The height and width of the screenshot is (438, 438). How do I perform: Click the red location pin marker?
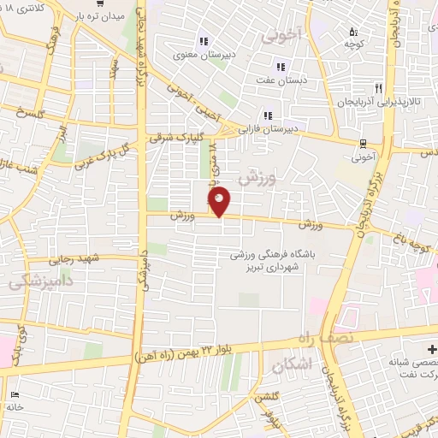[220, 202]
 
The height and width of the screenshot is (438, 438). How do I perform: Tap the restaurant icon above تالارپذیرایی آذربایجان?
[378, 88]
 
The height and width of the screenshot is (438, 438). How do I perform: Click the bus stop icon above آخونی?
[364, 144]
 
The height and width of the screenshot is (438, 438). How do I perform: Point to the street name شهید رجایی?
[74, 258]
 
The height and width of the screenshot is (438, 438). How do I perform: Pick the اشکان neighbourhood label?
[287, 367]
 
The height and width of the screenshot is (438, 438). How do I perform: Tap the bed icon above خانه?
[15, 394]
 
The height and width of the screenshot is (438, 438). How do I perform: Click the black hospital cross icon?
[432, 350]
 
